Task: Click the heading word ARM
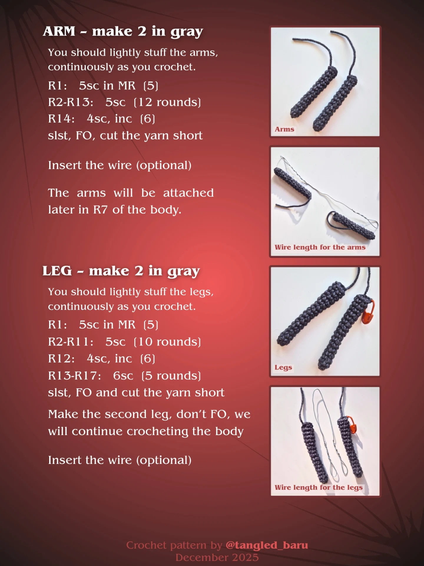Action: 59,31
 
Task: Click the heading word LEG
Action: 57,271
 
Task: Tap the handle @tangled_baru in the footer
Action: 267,545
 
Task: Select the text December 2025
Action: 217,557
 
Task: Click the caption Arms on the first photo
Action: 284,129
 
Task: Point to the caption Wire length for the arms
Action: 320,247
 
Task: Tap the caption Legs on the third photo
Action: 283,367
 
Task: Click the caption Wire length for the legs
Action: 319,488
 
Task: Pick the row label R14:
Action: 62,119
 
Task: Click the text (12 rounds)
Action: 167,102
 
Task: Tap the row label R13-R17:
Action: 74,376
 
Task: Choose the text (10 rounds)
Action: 167,342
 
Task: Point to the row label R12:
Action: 62,359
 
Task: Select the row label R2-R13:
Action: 71,102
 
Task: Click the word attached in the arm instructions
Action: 188,193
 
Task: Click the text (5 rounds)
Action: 171,376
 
